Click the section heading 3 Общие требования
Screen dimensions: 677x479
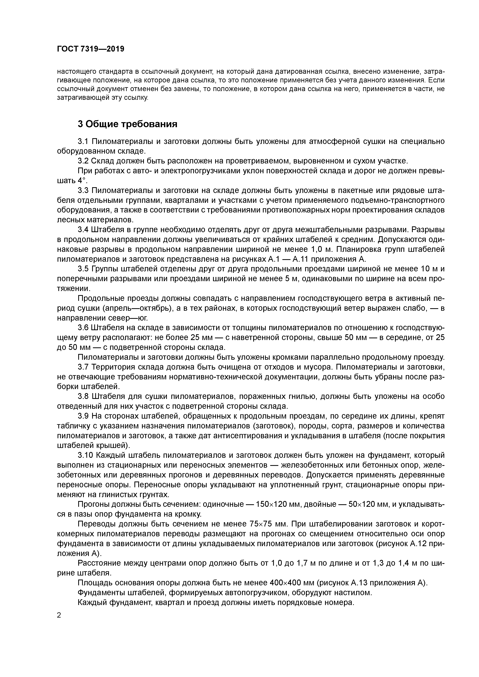click(x=127, y=124)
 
